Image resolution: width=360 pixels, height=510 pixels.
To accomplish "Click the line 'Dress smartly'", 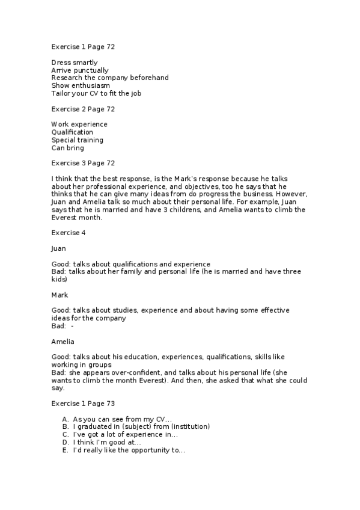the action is [x=74, y=62].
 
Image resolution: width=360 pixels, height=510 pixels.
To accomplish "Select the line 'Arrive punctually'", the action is [x=80, y=70].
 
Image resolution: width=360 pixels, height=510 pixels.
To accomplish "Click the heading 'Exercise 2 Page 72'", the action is [x=83, y=109].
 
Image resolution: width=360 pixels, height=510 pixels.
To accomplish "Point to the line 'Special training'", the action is [x=77, y=140].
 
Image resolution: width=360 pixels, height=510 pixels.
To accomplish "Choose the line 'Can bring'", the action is [x=67, y=147].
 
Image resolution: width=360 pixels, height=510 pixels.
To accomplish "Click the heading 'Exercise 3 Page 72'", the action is [x=83, y=162].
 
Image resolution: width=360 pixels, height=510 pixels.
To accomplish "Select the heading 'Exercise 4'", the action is [x=68, y=232].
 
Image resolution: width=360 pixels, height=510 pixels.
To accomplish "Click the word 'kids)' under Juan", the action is [x=61, y=279].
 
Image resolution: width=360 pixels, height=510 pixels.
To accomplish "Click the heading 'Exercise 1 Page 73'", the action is [x=83, y=403].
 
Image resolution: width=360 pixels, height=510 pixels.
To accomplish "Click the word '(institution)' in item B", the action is [x=188, y=426].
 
